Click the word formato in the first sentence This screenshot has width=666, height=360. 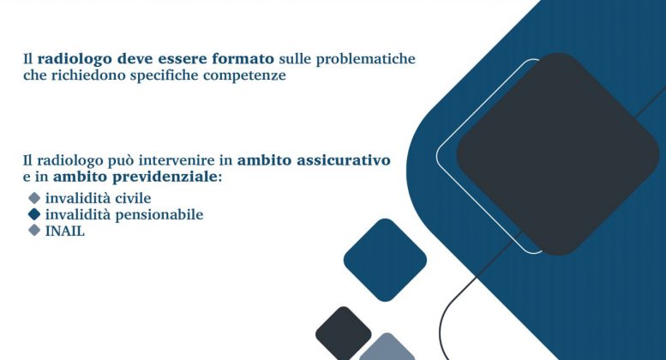[245, 59]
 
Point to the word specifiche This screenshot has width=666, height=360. [179, 75]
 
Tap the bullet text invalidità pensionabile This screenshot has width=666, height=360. [124, 215]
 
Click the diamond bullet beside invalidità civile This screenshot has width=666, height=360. [34, 199]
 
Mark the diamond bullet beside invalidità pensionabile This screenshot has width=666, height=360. [34, 215]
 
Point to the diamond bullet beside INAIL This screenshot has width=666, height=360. [34, 231]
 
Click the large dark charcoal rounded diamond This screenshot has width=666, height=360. [557, 154]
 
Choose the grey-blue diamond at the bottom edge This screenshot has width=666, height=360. [387, 350]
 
